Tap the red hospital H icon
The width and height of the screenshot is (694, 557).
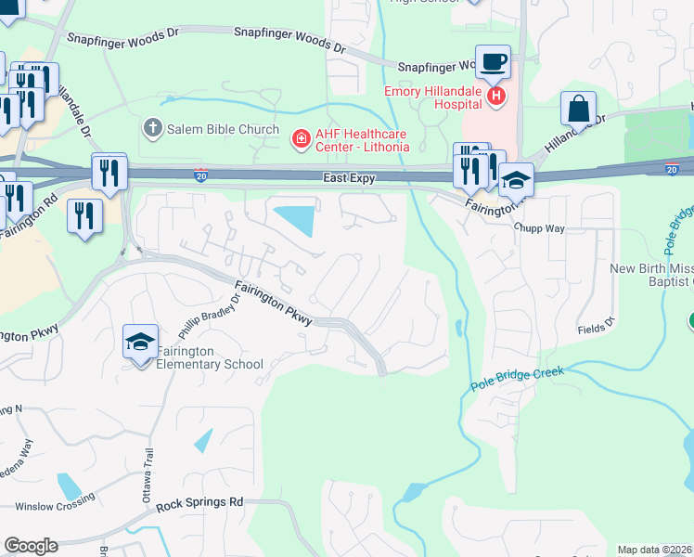pyautogui.click(x=498, y=96)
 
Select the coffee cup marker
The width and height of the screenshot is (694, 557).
pyautogui.click(x=493, y=62)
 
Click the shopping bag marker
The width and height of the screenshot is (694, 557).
pyautogui.click(x=578, y=108)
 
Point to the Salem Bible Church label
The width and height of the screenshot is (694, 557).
pyautogui.click(x=223, y=129)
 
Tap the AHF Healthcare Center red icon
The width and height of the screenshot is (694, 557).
pyautogui.click(x=301, y=140)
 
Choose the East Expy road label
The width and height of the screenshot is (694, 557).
pyautogui.click(x=348, y=177)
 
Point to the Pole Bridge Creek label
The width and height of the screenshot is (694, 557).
pyautogui.click(x=517, y=379)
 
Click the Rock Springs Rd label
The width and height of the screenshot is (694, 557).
pyautogui.click(x=199, y=502)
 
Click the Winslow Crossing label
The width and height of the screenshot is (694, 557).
pyautogui.click(x=56, y=504)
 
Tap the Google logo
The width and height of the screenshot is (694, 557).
pyautogui.click(x=31, y=546)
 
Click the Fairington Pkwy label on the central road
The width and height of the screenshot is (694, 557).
pyautogui.click(x=275, y=302)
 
